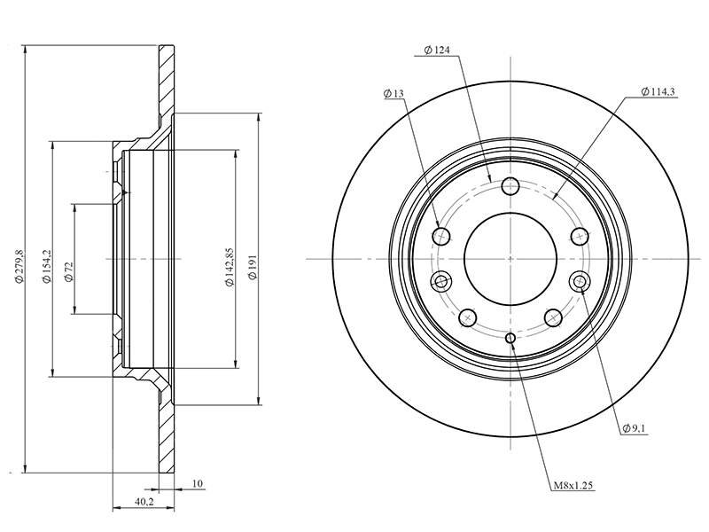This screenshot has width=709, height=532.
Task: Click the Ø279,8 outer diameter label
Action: [x=19, y=266]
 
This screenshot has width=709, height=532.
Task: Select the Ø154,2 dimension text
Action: [x=46, y=266]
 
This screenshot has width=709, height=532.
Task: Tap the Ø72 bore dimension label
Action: [x=69, y=271]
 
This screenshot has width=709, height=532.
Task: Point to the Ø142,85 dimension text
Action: [x=230, y=267]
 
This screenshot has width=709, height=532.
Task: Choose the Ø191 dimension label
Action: [x=253, y=267]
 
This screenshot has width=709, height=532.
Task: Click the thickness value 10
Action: [x=197, y=483]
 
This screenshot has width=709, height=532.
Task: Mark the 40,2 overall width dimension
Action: [x=144, y=502]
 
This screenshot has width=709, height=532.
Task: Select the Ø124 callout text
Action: [x=437, y=50]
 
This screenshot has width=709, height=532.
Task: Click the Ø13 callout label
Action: [x=393, y=94]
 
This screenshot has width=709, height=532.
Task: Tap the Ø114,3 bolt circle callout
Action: [x=658, y=92]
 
